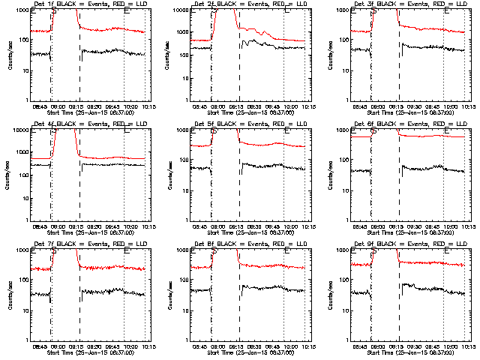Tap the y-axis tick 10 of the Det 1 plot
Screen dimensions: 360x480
(24, 70)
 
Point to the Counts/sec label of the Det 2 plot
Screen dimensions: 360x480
(169, 54)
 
